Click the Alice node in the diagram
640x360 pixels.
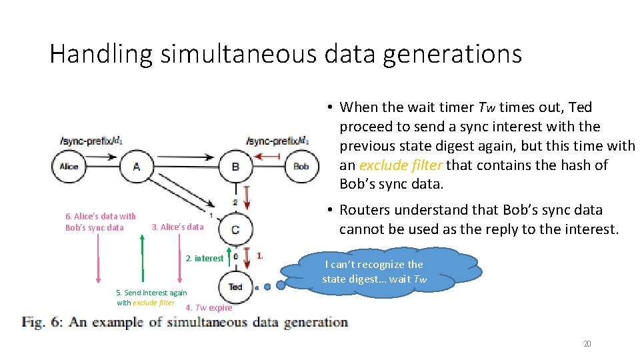tap(69, 166)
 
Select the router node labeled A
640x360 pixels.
tap(136, 166)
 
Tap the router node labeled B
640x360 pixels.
tap(235, 166)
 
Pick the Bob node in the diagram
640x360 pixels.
tap(301, 166)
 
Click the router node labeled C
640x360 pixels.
tap(235, 230)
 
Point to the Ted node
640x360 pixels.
tap(235, 287)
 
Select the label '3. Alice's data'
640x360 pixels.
tap(177, 227)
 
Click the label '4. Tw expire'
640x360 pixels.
tap(209, 307)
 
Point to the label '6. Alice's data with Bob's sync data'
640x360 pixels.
tap(100, 221)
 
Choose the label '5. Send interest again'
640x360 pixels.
tap(151, 293)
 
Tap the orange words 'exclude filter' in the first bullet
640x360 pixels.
tap(400, 165)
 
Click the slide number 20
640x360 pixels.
tap(587, 343)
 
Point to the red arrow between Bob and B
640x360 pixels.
tap(269, 157)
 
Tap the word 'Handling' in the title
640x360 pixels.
tap(100, 54)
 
